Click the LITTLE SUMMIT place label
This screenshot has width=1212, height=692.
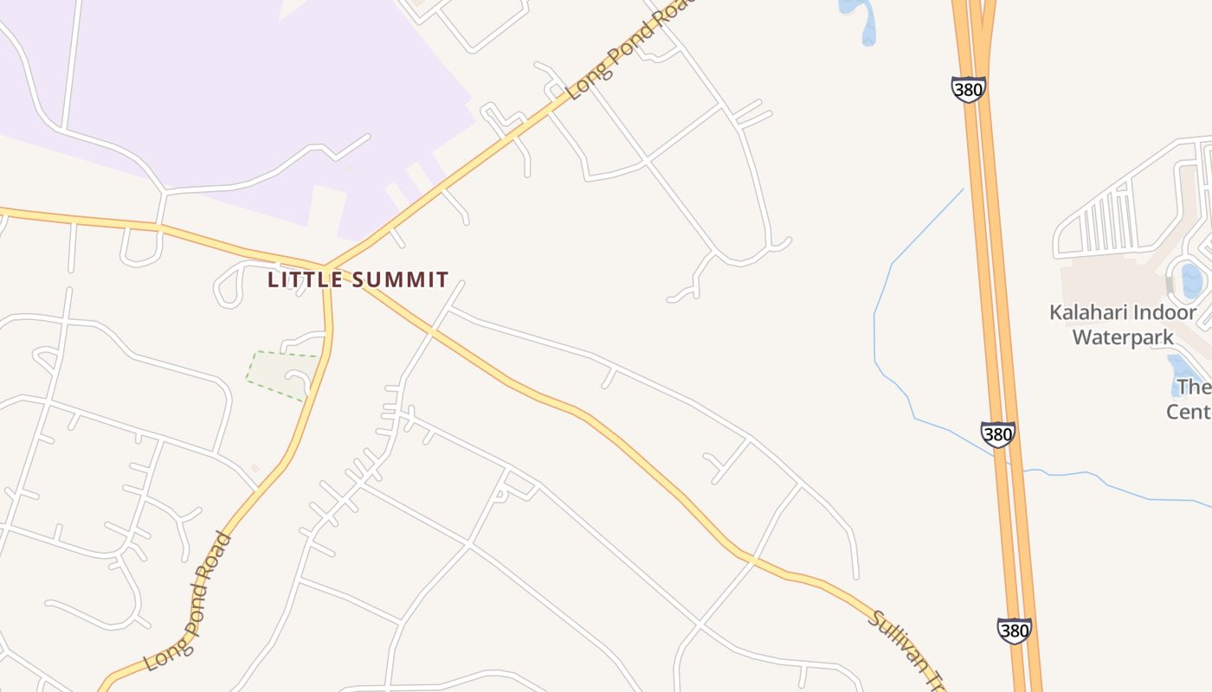358,279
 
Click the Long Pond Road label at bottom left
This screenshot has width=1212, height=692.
188,603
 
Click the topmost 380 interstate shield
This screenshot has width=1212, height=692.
968,89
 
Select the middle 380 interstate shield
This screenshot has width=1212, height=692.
997,434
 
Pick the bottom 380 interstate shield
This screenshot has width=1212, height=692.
1014,631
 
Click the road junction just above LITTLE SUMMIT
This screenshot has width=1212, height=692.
326,266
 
